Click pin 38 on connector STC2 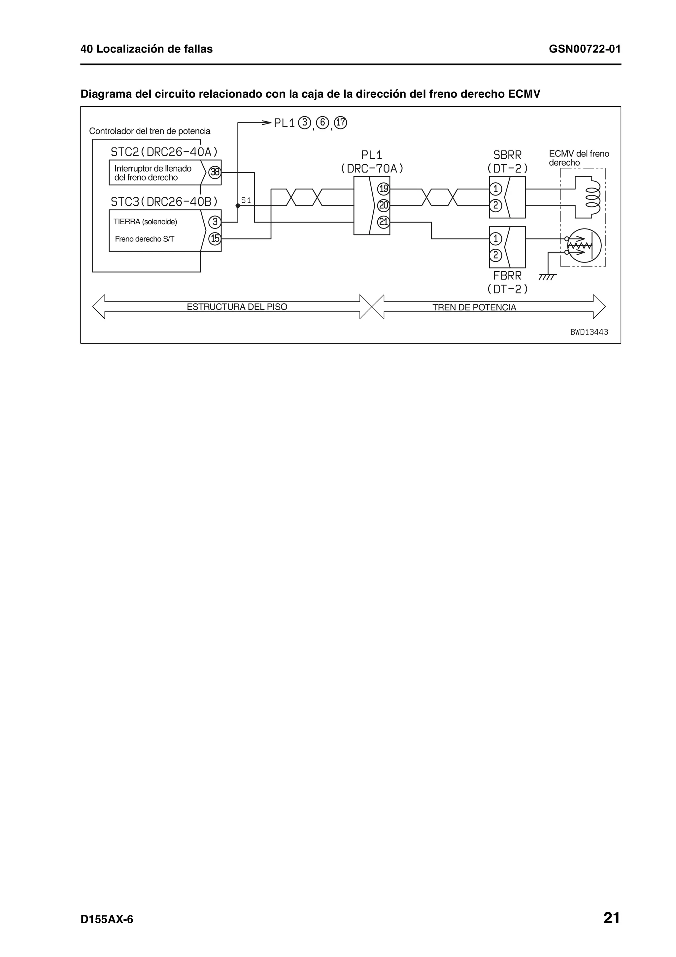[215, 172]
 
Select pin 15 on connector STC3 [215, 239]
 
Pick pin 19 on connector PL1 [383, 189]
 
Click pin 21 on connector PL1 [383, 222]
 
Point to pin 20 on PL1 [383, 205]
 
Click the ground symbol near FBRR [547, 277]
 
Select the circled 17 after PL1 [341, 123]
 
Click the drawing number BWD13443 [589, 332]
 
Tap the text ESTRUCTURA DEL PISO [237, 307]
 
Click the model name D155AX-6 [107, 919]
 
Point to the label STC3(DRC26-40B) [164, 202]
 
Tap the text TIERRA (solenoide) [145, 222]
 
